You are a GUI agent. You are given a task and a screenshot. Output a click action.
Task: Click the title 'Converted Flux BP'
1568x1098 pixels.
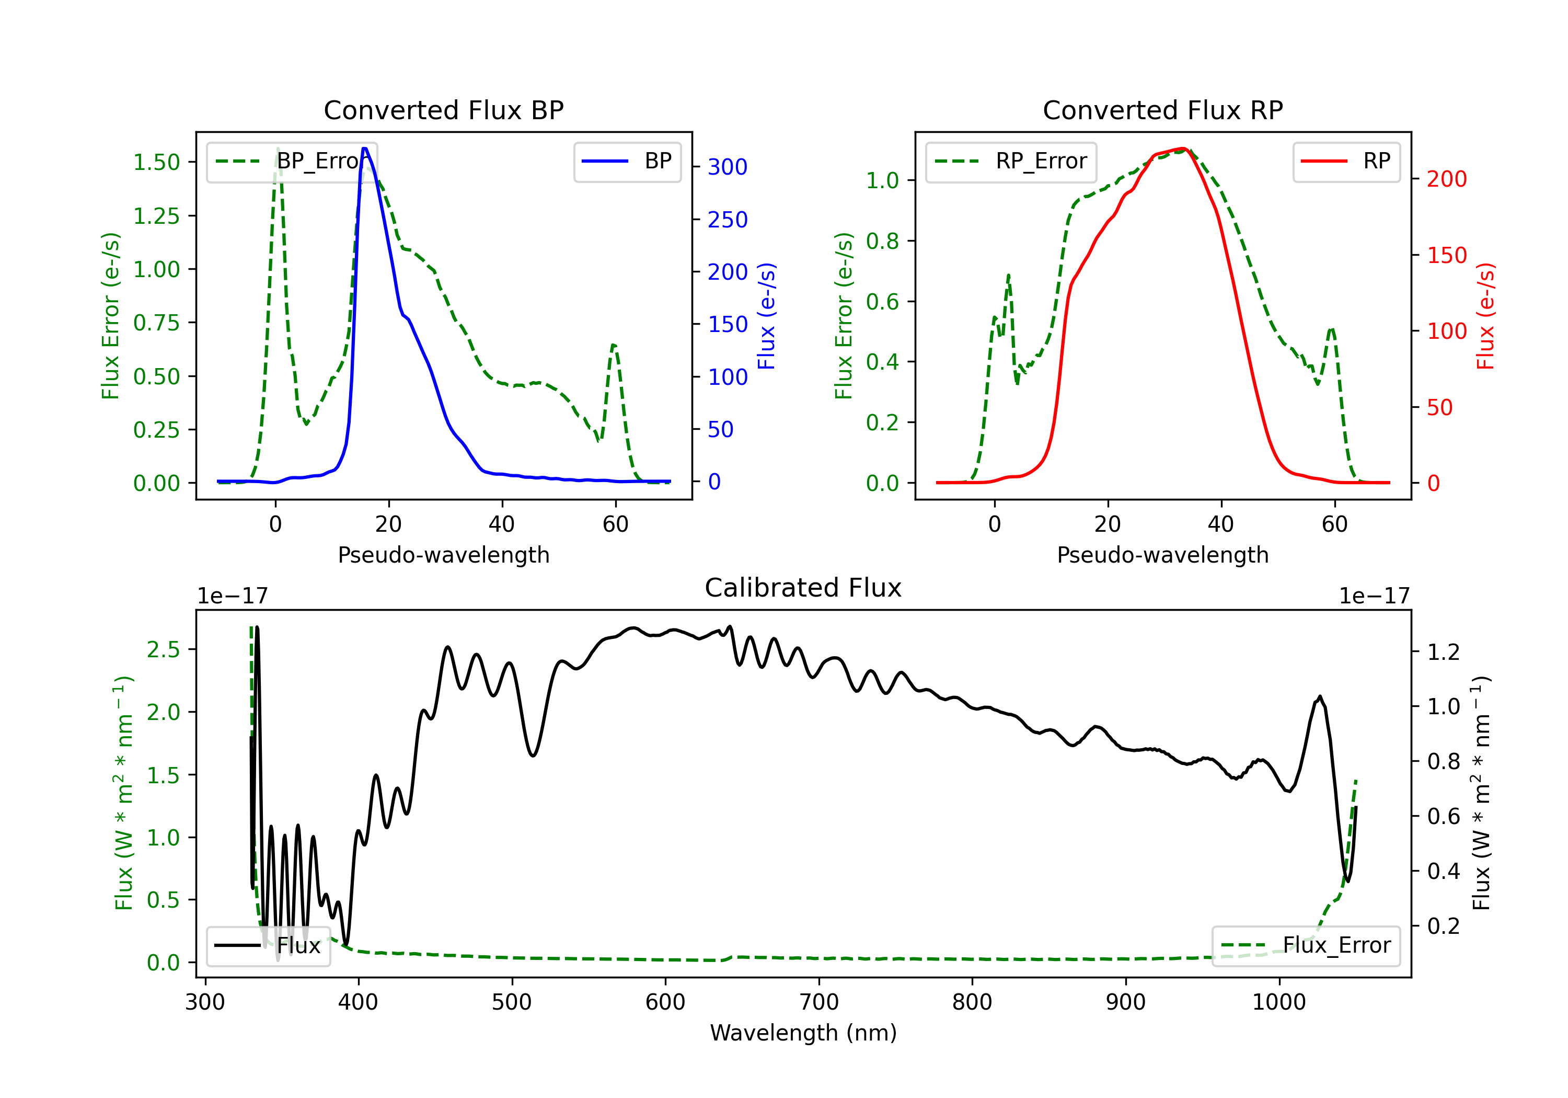click(x=443, y=110)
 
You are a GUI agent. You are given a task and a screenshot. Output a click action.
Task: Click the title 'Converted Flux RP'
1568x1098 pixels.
click(x=1162, y=110)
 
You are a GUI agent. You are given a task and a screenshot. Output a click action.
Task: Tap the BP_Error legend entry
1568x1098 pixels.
click(x=292, y=161)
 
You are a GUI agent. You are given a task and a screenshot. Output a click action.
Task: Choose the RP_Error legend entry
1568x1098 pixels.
click(x=1011, y=161)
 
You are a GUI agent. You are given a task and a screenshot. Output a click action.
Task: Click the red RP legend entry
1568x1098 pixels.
click(x=1346, y=161)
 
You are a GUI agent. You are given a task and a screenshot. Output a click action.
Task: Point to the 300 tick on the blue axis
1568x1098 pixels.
click(x=728, y=167)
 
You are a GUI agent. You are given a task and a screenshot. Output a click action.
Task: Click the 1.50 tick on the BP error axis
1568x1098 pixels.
click(x=156, y=162)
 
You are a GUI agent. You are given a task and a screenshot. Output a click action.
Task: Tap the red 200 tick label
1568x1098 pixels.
click(x=1446, y=179)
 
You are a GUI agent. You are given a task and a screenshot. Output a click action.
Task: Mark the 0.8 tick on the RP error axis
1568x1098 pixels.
click(x=882, y=241)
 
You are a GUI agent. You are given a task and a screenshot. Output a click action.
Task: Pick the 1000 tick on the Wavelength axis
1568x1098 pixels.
click(x=1278, y=1002)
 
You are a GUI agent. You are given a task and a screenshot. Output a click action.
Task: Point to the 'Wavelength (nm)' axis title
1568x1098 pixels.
click(x=803, y=1033)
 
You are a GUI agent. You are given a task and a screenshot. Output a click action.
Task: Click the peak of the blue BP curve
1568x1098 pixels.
click(x=365, y=148)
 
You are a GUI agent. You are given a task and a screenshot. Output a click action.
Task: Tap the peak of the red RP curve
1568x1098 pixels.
click(x=1183, y=148)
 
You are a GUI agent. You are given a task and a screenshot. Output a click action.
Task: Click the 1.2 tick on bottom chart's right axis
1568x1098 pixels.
click(x=1443, y=652)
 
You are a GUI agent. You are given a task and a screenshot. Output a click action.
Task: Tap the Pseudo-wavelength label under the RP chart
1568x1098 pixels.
click(x=1162, y=555)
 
